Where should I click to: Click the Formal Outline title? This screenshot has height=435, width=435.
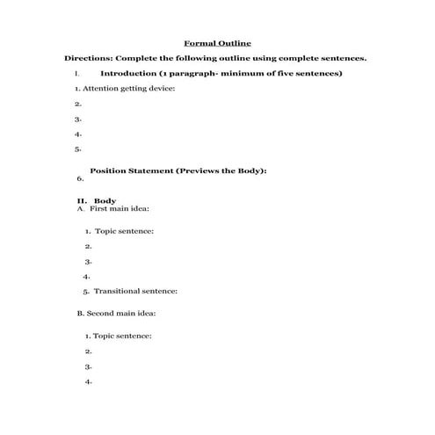pyautogui.click(x=216, y=42)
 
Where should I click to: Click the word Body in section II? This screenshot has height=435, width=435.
pyautogui.click(x=105, y=201)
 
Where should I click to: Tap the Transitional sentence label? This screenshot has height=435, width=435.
pyautogui.click(x=135, y=290)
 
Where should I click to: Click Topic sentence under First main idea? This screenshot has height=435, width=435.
pyautogui.click(x=124, y=231)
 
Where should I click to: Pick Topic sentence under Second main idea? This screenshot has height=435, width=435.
pyautogui.click(x=122, y=335)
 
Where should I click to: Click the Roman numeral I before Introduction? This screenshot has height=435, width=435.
pyautogui.click(x=77, y=73)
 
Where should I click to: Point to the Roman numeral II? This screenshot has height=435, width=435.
pyautogui.click(x=82, y=201)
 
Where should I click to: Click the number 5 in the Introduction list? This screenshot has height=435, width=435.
pyautogui.click(x=78, y=149)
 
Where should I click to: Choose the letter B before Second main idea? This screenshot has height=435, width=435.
pyautogui.click(x=79, y=312)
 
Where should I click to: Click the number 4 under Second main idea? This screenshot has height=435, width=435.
pyautogui.click(x=89, y=381)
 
